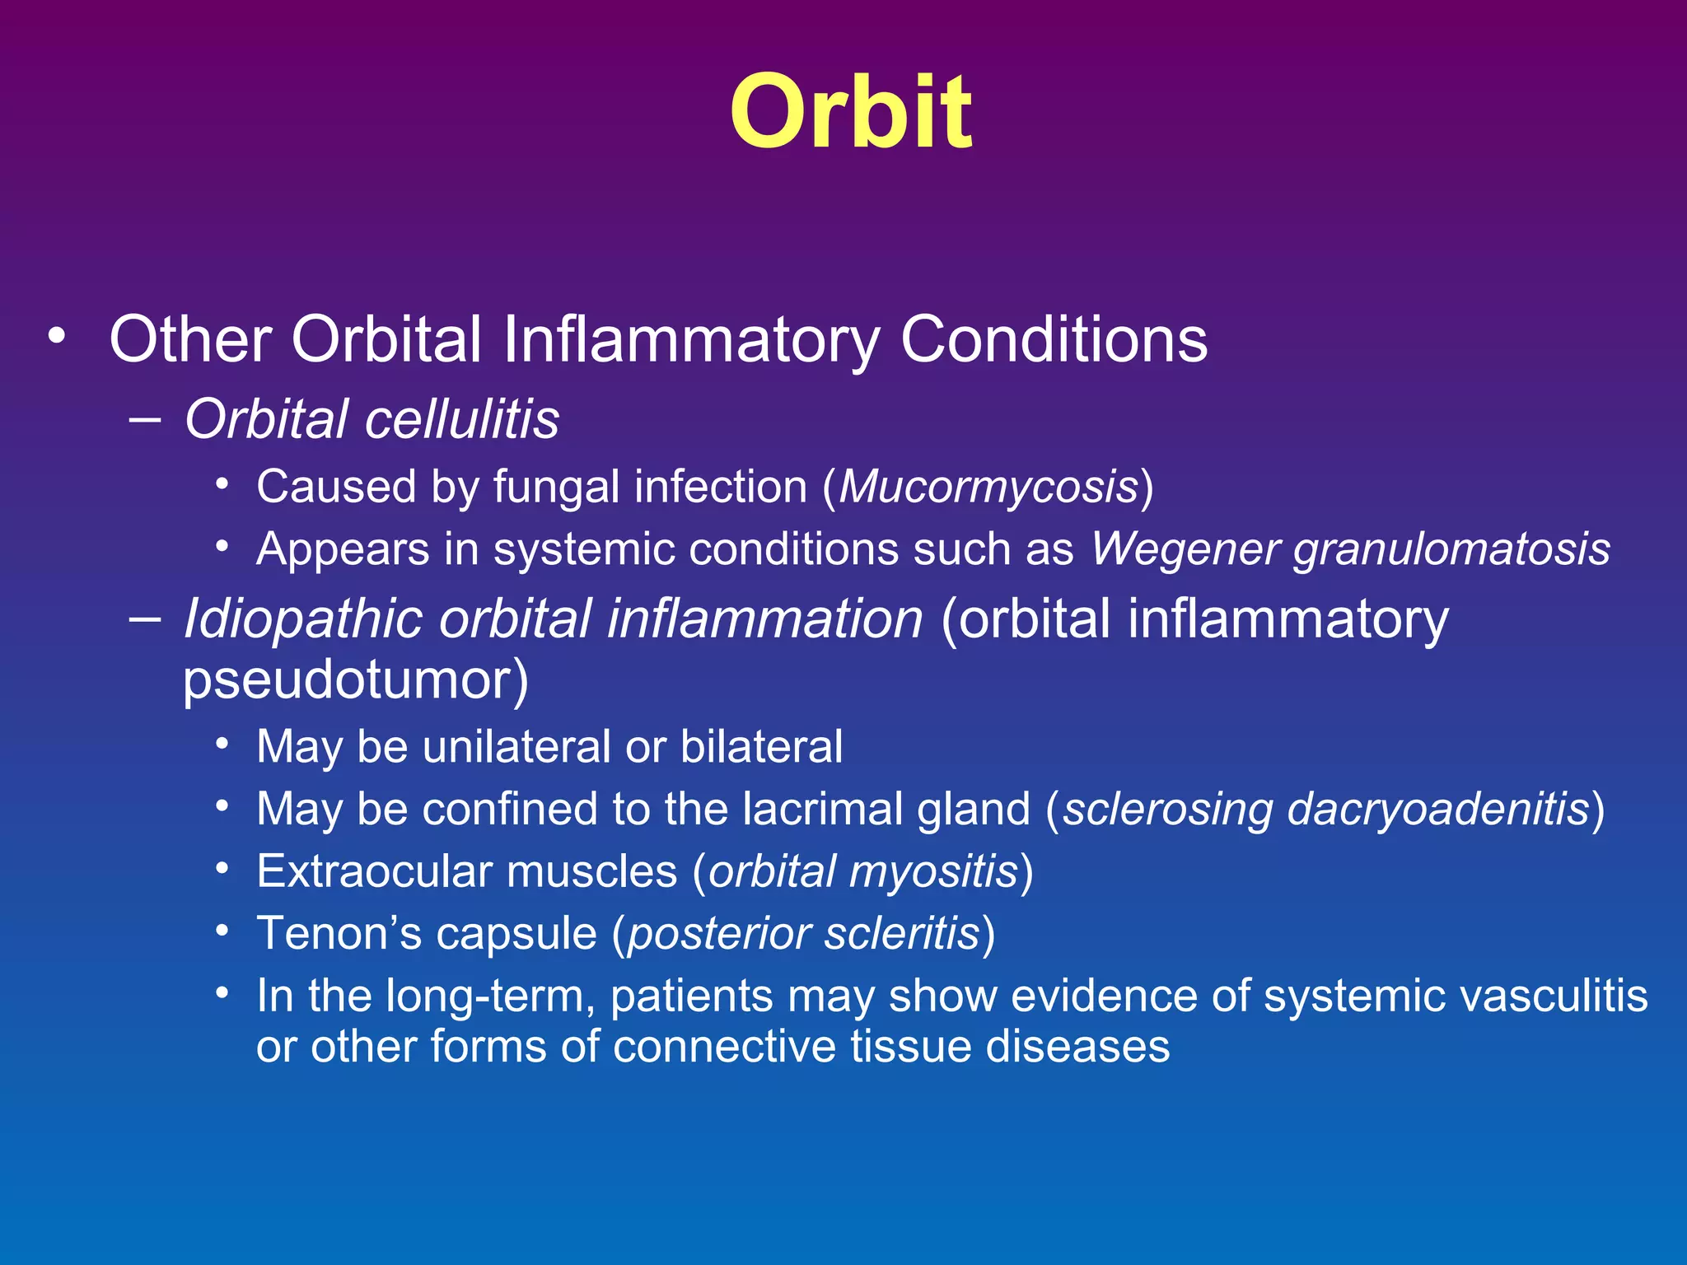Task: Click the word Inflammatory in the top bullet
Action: (x=691, y=338)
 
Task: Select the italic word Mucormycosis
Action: (x=988, y=486)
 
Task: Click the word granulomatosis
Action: (x=1451, y=550)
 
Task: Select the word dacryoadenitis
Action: (x=1437, y=810)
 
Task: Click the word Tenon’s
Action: (x=339, y=933)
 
